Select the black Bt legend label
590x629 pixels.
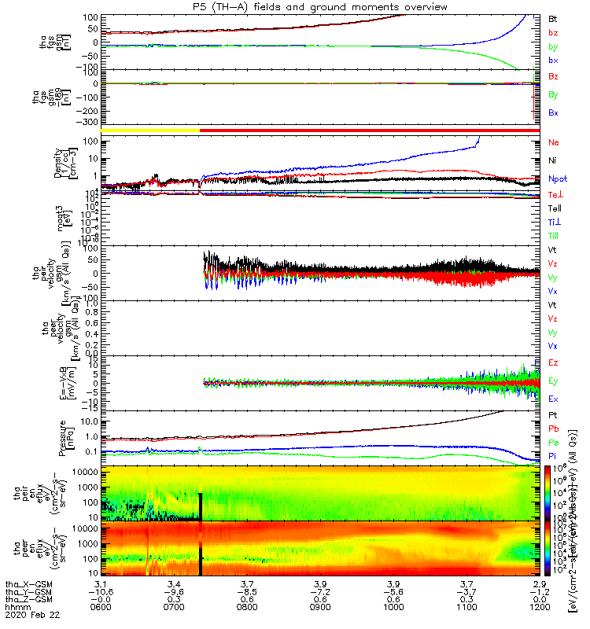click(553, 18)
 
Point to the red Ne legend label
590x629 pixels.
click(553, 142)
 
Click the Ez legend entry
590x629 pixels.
click(553, 363)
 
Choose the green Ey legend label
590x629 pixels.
click(553, 381)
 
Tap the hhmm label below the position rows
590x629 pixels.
click(15, 608)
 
